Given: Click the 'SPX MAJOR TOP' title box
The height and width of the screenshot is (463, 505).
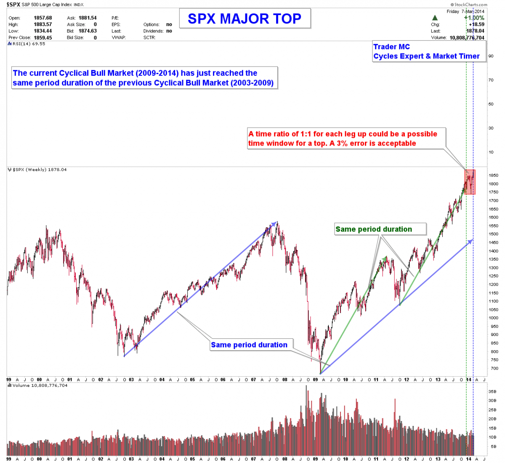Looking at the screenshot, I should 245,19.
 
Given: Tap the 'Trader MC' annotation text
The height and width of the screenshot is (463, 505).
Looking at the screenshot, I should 391,47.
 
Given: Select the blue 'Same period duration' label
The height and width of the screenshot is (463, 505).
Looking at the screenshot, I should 249,345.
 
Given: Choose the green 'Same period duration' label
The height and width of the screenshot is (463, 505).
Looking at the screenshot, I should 374,229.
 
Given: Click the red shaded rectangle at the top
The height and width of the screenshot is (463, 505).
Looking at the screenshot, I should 470,182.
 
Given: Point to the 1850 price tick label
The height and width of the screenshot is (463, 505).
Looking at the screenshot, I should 493,175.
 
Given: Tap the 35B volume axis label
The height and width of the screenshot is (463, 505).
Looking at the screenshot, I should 492,391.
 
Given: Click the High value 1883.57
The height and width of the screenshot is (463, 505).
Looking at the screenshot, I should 43,24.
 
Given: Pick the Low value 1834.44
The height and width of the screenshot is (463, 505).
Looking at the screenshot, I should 43,31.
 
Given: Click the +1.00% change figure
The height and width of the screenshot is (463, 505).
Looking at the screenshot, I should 474,18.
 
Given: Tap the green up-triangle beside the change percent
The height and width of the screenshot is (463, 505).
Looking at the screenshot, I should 435,18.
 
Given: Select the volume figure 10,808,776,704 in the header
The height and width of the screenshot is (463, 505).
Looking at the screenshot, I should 467,37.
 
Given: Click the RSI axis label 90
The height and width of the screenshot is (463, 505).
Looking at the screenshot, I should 491,56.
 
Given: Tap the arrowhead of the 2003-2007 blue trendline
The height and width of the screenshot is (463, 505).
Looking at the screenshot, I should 276,223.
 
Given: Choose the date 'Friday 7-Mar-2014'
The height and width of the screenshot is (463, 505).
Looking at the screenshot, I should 465,11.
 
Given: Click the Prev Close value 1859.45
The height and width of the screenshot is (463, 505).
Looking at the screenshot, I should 43,37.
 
